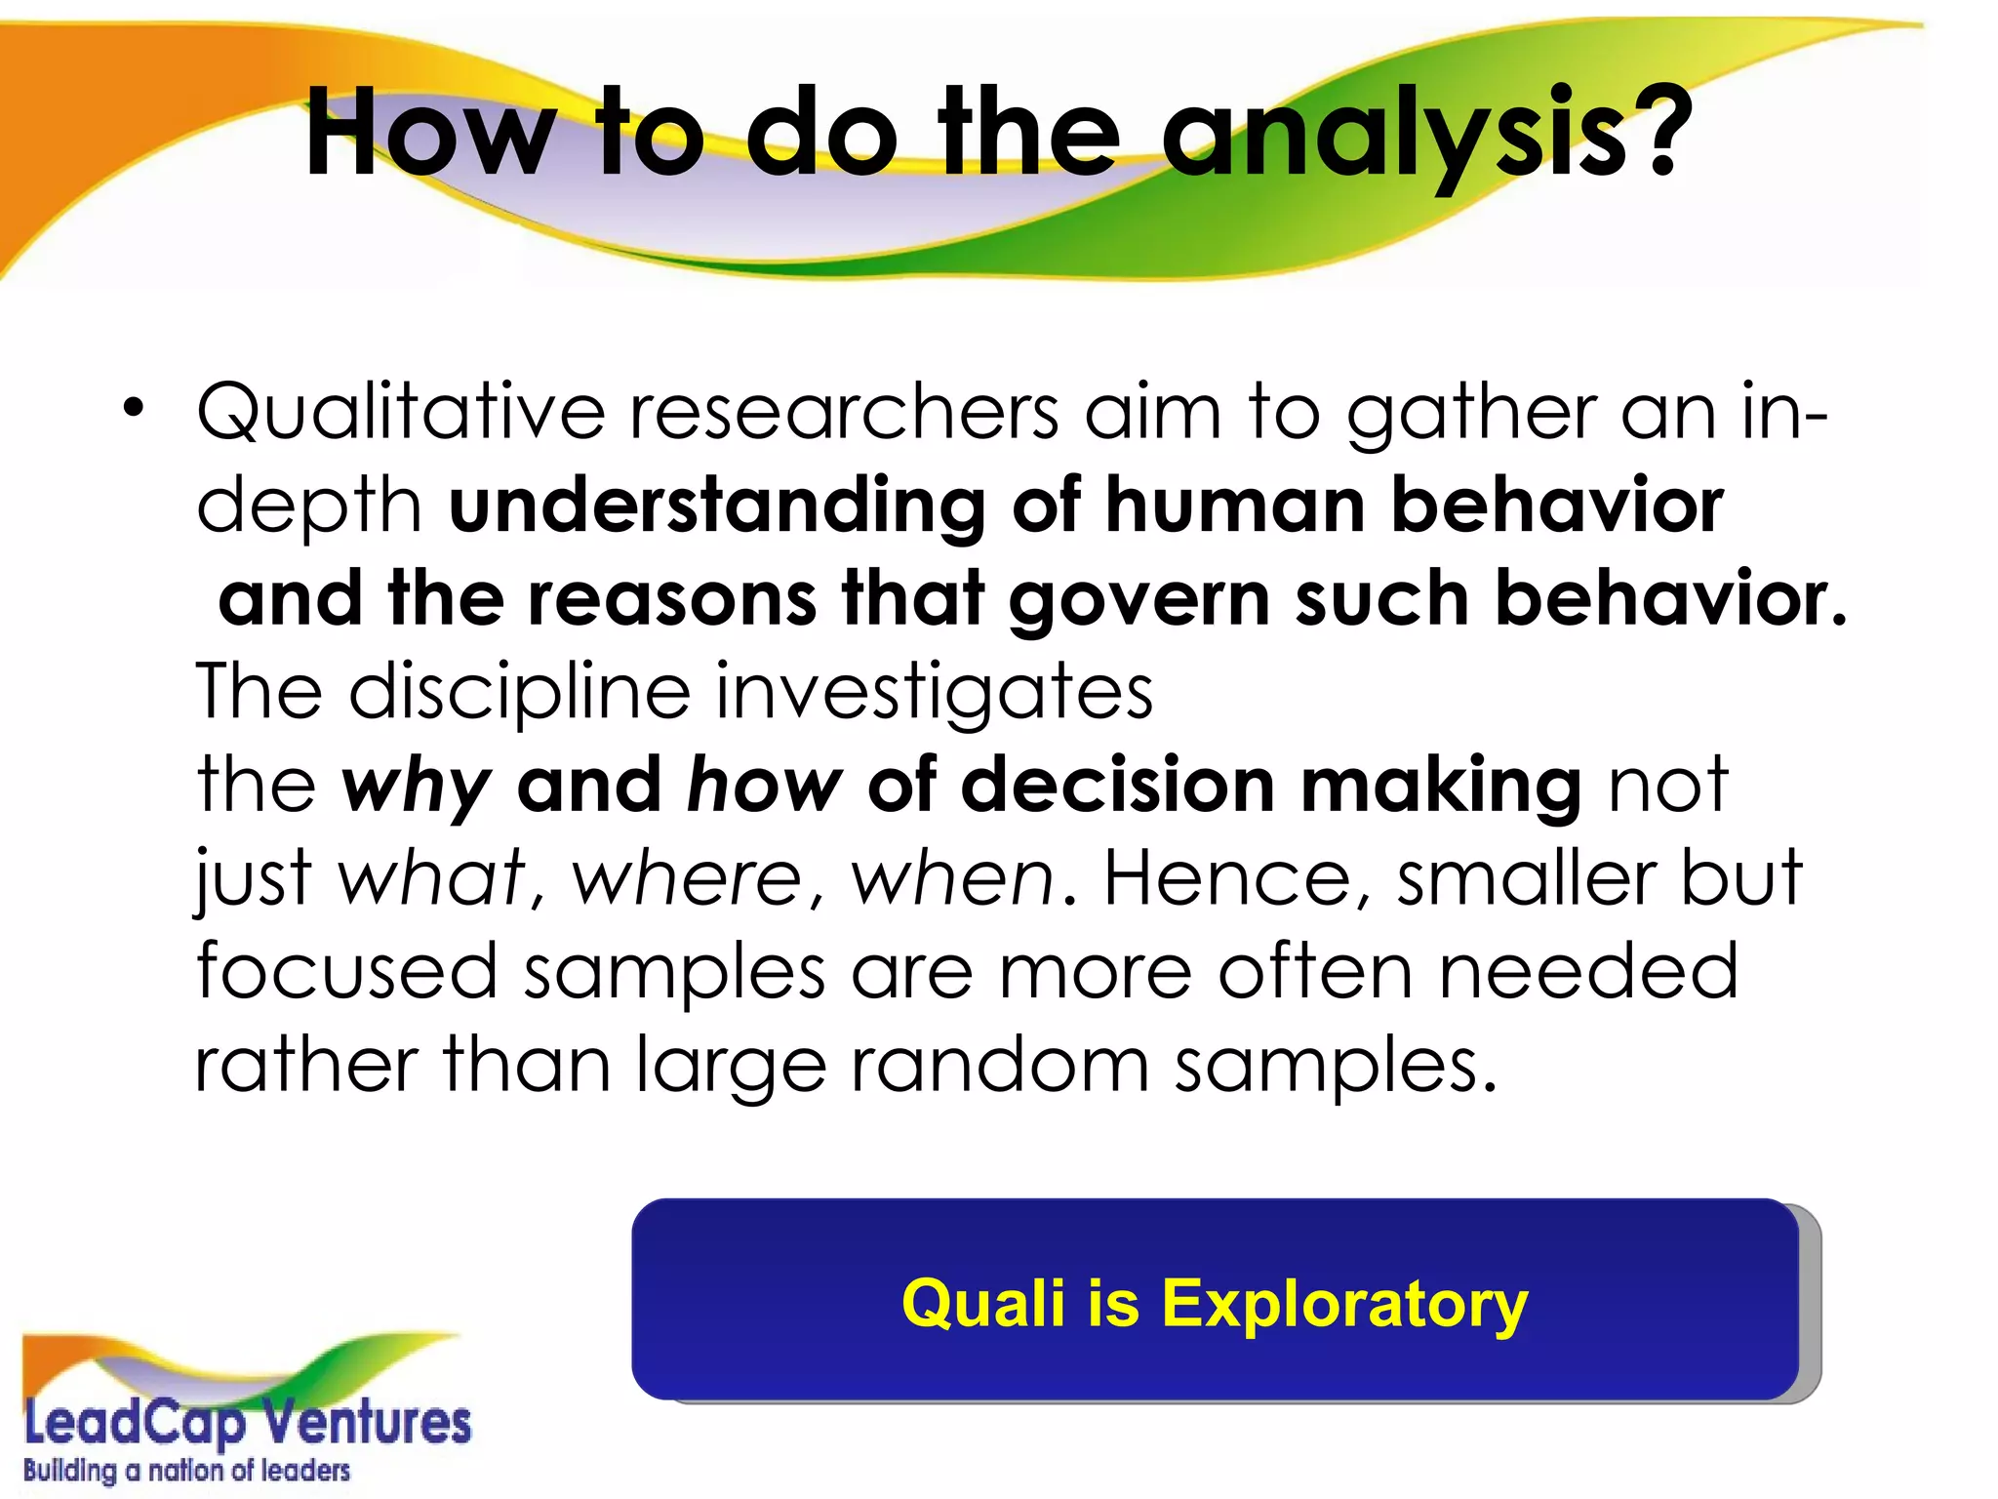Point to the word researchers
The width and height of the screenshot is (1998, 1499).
pos(843,412)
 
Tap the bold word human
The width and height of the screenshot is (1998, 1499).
pos(1234,506)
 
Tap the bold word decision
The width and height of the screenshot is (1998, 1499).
pos(1117,785)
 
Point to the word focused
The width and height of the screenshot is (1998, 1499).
pos(346,972)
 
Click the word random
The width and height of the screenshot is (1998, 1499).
pos(999,1065)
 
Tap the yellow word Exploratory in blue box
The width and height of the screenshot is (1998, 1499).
pos(1343,1304)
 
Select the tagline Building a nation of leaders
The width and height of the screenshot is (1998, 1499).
pos(186,1471)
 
